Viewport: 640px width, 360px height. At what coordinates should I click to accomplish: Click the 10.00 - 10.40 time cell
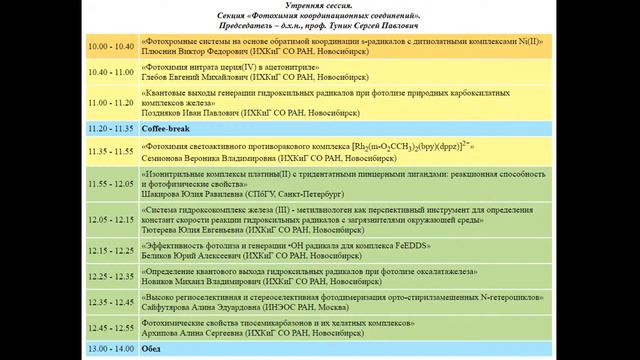pos(112,46)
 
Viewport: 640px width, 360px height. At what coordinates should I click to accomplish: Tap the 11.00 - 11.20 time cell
pos(112,101)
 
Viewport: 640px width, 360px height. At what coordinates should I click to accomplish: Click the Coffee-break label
pos(164,129)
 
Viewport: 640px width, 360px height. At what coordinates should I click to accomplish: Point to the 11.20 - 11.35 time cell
pos(112,129)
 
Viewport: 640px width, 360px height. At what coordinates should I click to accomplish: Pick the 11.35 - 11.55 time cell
pos(112,151)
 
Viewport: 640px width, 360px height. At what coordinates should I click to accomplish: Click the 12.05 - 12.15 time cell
pos(112,219)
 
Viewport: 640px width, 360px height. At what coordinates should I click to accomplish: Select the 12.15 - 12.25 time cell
pos(112,249)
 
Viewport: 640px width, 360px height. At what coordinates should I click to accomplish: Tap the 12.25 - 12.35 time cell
pos(112,274)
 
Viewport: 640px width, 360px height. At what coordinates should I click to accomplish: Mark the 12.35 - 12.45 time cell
pos(112,299)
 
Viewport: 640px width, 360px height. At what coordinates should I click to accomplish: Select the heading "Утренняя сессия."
pos(319,6)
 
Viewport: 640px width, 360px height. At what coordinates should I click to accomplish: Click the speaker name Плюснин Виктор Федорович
pos(196,52)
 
